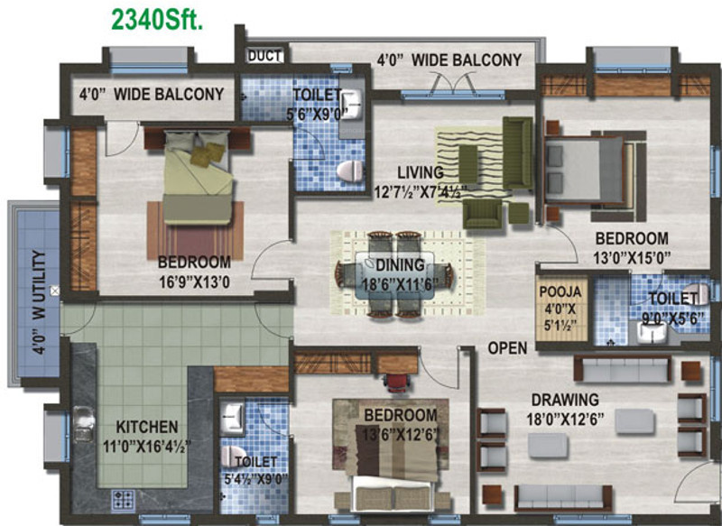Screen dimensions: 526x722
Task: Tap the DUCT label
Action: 264,55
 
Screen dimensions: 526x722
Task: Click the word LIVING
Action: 420,172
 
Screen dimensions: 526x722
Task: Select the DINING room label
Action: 400,265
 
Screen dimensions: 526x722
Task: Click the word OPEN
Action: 508,348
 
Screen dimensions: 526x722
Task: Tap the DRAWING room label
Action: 565,400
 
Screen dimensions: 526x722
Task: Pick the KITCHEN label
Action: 146,426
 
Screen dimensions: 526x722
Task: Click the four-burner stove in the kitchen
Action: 122,499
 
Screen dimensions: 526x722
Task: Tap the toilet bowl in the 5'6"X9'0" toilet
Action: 347,169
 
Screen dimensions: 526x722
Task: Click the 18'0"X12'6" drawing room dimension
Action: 565,418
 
